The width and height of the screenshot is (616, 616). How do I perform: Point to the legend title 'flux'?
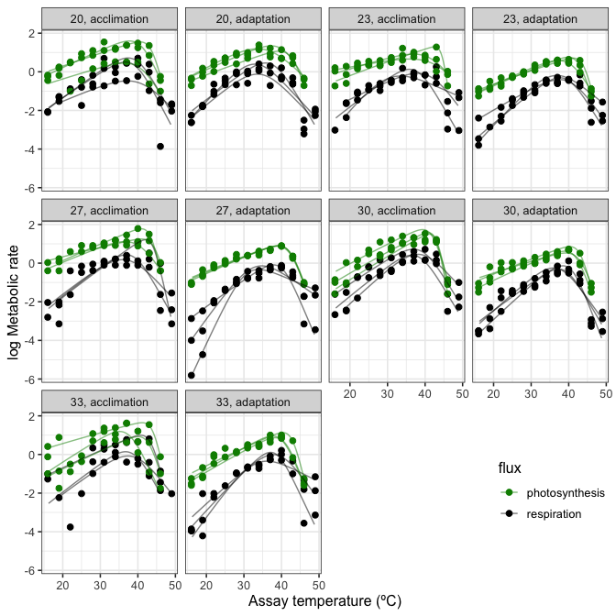click(510, 468)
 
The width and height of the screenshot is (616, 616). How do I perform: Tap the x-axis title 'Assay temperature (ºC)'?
click(324, 601)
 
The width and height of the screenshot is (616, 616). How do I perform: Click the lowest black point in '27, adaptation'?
click(191, 375)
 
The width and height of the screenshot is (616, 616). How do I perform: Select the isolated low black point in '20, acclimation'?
click(160, 146)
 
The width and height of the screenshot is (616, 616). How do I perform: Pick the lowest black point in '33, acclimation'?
click(70, 527)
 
